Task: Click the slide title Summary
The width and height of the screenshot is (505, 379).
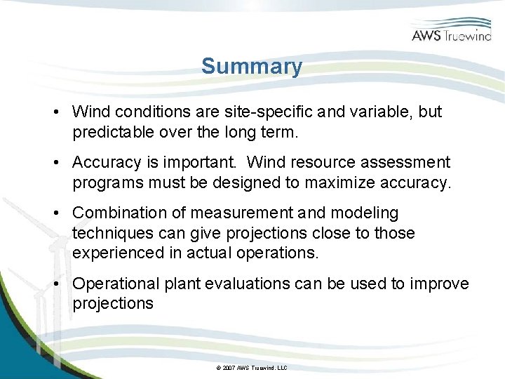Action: tap(252, 67)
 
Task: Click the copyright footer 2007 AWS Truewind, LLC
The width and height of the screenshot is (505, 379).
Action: tap(252, 368)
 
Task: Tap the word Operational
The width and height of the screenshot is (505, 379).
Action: tap(116, 284)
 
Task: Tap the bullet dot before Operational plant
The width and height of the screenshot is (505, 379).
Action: tap(55, 284)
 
